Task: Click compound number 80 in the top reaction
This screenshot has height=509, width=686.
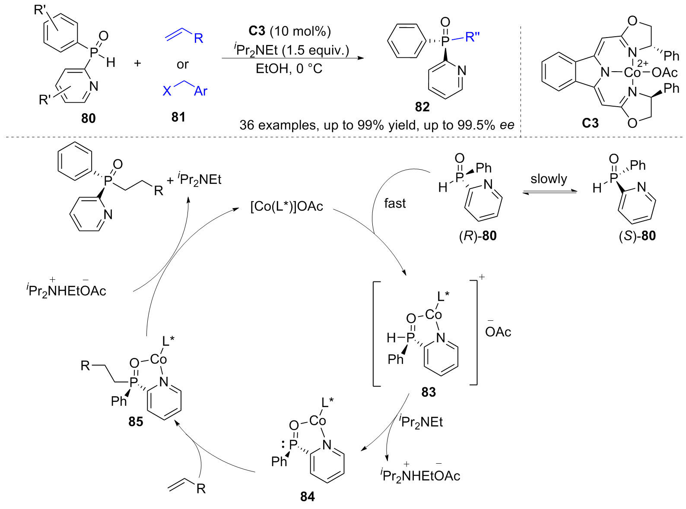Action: click(x=88, y=118)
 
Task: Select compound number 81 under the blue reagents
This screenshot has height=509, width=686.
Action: click(x=178, y=117)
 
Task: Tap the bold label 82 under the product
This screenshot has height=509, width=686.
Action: click(x=422, y=107)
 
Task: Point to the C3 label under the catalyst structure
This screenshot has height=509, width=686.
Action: click(x=590, y=123)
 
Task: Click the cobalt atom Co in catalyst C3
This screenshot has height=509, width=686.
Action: click(x=632, y=73)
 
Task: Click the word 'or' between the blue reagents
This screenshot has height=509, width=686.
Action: click(x=182, y=65)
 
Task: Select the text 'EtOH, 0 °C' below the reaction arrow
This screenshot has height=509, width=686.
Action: click(x=289, y=69)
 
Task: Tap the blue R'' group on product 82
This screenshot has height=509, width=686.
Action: click(x=472, y=38)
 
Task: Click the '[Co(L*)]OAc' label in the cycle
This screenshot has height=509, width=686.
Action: click(x=286, y=206)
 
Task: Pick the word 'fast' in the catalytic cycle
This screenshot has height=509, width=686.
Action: click(x=395, y=203)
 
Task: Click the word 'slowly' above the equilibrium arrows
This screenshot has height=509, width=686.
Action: click(x=549, y=179)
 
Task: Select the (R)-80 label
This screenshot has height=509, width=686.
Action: click(x=477, y=236)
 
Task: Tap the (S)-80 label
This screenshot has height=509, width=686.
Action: click(x=637, y=236)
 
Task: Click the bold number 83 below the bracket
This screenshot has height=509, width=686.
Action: click(x=429, y=392)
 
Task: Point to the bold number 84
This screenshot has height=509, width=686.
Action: click(x=307, y=497)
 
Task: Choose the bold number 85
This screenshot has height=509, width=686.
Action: click(x=136, y=421)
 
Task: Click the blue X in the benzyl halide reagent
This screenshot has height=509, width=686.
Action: click(x=167, y=91)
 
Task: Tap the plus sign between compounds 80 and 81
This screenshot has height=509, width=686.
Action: click(x=137, y=63)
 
